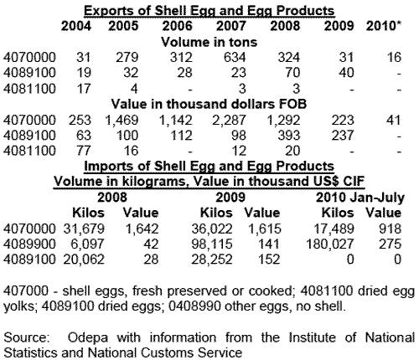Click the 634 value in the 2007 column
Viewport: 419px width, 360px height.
[x=235, y=57]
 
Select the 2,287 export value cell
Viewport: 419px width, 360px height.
[x=229, y=121]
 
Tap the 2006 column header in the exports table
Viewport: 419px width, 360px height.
[x=178, y=26]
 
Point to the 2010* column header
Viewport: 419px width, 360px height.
[x=384, y=26]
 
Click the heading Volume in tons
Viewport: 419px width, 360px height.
[x=209, y=42]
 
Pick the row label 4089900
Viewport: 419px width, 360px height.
[x=29, y=244]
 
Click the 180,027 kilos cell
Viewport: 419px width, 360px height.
[x=330, y=244]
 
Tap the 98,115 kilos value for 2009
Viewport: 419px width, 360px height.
[x=212, y=244]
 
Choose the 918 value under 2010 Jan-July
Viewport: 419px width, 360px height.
[x=391, y=229]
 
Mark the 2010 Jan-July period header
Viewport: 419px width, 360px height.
[x=360, y=198]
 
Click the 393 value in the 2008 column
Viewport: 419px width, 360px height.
[x=289, y=136]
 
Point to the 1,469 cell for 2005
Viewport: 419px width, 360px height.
[x=122, y=121]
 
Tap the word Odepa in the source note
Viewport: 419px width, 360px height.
[x=88, y=337]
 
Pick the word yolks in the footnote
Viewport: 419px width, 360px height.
[x=19, y=306]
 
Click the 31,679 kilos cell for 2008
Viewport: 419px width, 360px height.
[x=84, y=229]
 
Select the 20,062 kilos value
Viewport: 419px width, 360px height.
[x=84, y=260]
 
